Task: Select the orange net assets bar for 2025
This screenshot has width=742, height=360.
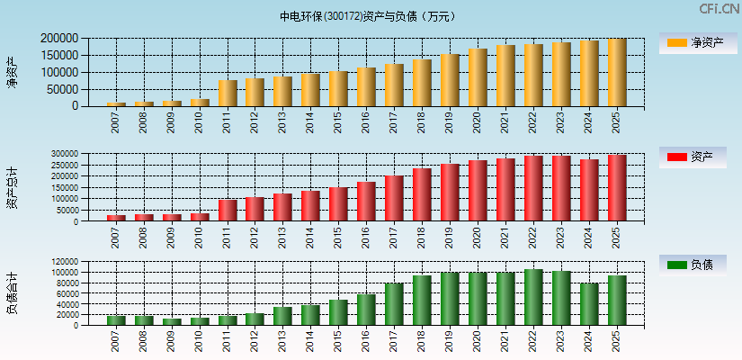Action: click(617, 73)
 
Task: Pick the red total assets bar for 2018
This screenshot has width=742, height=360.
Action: click(422, 194)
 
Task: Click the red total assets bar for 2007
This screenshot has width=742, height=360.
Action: click(116, 218)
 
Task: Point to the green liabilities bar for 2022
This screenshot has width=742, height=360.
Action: click(533, 297)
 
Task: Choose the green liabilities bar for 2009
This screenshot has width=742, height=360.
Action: click(172, 321)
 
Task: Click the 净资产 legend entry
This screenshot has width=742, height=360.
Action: click(697, 42)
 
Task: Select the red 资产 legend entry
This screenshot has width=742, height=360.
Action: click(697, 157)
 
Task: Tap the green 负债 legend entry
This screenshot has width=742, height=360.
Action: click(697, 265)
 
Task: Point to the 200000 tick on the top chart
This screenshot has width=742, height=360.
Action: click(59, 39)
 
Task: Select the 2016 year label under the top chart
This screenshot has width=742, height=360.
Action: click(367, 122)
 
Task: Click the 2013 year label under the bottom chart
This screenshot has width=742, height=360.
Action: click(283, 342)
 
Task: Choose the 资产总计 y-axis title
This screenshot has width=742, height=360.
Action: click(13, 187)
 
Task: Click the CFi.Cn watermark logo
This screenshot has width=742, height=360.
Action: click(720, 9)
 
